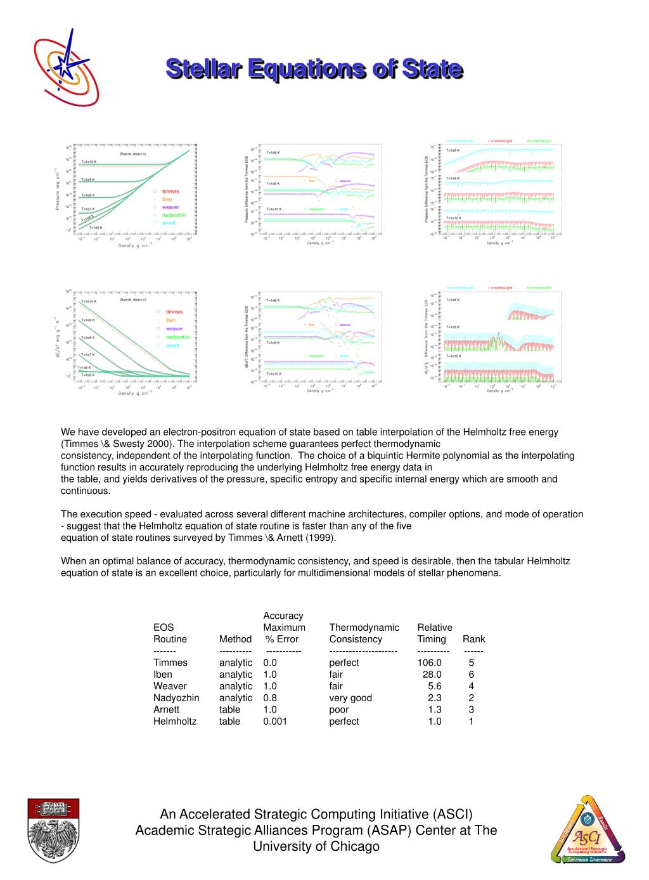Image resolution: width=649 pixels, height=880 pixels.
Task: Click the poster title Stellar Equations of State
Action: (314, 68)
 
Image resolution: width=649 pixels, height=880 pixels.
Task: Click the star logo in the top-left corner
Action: (66, 67)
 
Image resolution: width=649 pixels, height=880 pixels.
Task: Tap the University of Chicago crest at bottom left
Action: (53, 829)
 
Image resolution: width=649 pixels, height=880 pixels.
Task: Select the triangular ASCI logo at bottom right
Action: (588, 830)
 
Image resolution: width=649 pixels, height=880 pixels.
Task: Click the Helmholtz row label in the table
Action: (175, 721)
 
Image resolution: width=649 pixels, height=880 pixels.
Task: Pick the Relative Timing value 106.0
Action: (429, 663)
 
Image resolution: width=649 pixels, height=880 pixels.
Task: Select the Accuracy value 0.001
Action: (275, 721)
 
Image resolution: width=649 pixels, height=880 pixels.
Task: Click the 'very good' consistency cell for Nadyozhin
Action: (350, 698)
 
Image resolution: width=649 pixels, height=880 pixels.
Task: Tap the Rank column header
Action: (473, 639)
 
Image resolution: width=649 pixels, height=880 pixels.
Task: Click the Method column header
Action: (235, 639)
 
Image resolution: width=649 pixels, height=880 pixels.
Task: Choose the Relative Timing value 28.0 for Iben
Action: (432, 675)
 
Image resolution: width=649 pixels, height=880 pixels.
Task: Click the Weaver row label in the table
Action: (170, 686)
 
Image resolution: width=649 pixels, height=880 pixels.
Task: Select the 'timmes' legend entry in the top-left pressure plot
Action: (170, 191)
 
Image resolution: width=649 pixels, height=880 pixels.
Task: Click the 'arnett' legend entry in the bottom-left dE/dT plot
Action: (173, 346)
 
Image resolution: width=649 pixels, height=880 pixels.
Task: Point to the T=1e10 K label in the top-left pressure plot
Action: (89, 162)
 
